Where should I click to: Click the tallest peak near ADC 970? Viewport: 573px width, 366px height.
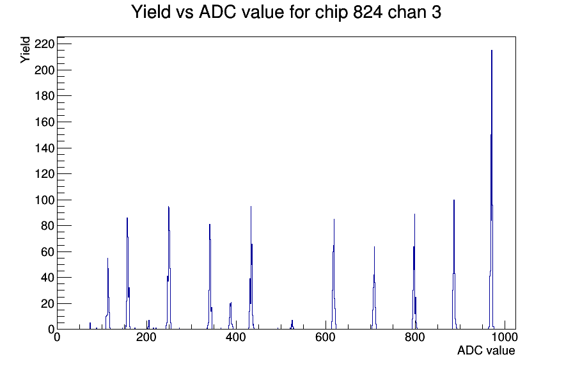point(492,190)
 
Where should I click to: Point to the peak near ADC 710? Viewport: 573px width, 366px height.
point(374,288)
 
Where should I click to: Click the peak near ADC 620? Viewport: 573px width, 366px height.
point(334,274)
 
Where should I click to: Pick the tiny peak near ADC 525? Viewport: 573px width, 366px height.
point(292,325)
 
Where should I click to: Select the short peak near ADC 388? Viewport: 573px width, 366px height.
point(231,316)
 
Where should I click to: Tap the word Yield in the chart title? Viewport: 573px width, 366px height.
point(151,12)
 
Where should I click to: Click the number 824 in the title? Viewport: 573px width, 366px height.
point(368,12)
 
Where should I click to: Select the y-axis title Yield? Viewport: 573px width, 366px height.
point(25,50)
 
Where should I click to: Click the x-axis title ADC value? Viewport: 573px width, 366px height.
point(486,350)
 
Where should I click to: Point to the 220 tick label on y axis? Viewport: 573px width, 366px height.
point(44,44)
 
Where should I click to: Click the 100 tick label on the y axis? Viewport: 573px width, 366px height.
point(44,200)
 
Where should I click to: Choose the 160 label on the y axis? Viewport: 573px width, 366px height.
point(44,122)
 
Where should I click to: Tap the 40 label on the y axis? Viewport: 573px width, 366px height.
point(47,278)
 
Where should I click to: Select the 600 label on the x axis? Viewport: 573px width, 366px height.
point(326,337)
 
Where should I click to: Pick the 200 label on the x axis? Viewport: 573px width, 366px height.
point(146,337)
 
